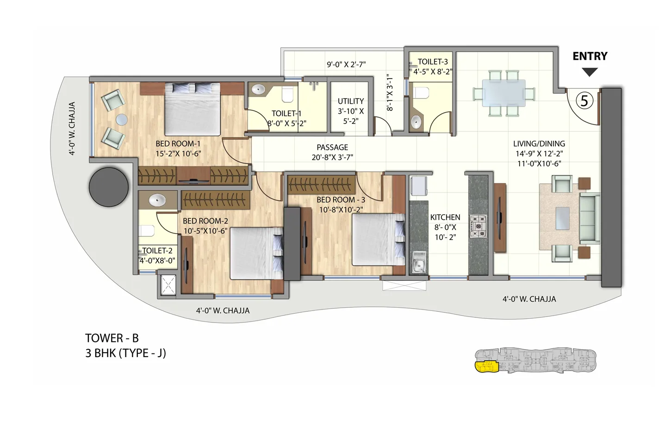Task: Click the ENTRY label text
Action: [x=589, y=56]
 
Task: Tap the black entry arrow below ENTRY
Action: [x=589, y=72]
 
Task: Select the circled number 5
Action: [x=584, y=100]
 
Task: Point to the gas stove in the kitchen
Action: [x=478, y=226]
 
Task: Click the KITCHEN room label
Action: [x=445, y=217]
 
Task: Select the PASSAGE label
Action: [x=332, y=148]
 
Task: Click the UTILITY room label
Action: [x=350, y=101]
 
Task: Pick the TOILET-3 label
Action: [x=433, y=62]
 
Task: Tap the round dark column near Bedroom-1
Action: [x=109, y=187]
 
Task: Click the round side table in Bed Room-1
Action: [x=122, y=119]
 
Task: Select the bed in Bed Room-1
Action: [x=192, y=109]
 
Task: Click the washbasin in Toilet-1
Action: [x=259, y=90]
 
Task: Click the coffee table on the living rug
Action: [x=563, y=218]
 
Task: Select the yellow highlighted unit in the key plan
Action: [x=485, y=367]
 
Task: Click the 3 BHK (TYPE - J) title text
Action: [x=125, y=353]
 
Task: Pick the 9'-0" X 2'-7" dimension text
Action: [x=346, y=65]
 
